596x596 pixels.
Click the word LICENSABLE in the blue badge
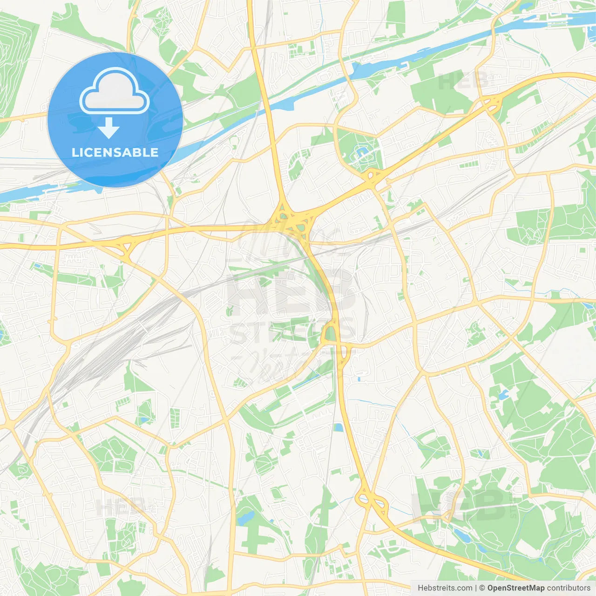point(115,152)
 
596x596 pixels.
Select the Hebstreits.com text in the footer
point(445,588)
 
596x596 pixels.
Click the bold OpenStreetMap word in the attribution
point(515,588)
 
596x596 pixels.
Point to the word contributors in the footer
point(569,588)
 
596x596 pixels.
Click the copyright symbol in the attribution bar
point(482,588)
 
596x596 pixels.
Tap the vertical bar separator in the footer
point(475,588)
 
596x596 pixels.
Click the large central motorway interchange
point(293,221)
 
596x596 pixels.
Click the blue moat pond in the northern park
point(361,152)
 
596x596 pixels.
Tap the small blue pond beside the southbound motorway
point(339,427)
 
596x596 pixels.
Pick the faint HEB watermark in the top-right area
point(463,81)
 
